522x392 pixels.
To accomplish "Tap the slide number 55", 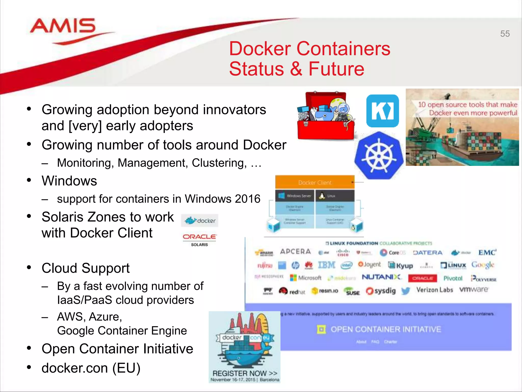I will pos(505,34).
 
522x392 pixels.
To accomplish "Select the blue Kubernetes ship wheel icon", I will pos(379,155).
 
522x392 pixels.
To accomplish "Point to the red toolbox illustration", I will pos(326,116).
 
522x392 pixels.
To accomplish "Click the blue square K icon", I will pos(382,111).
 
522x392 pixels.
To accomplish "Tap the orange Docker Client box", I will pos(315,182).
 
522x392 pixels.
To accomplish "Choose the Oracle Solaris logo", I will pos(199,239).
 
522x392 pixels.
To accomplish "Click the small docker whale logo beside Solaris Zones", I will pos(200,220).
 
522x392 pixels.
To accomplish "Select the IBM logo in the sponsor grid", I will pos(327,265).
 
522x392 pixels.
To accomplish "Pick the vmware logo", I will pos(474,290).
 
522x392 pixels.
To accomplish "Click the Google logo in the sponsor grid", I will pos(482,265).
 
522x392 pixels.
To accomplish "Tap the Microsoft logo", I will pos(306,278).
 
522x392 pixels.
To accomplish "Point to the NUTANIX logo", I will pos(381,277).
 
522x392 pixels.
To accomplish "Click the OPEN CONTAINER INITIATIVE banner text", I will pos(385,329).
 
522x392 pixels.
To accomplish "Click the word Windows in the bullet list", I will pos(69,181).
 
